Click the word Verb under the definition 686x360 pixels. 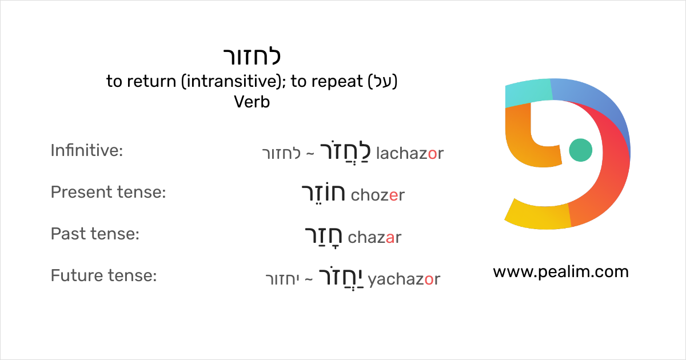pos(252,102)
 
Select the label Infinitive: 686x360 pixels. pos(87,151)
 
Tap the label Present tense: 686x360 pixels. pos(108,193)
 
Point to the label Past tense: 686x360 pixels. pos(95,234)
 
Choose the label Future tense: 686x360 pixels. pos(103,276)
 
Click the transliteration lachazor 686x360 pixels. pos(410,153)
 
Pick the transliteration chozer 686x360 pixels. pos(377,195)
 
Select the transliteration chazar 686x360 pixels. pos(374,237)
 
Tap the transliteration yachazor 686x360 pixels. pos(404,279)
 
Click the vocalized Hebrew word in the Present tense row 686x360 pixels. pos(323,194)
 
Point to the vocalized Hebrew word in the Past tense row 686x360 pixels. pos(323,235)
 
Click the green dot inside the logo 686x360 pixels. pos(581,150)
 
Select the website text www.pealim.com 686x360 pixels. pos(560,271)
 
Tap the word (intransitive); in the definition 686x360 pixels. pos(234,82)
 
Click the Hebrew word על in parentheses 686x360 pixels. pos(382,82)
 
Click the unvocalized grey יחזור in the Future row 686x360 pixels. pos(283,280)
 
